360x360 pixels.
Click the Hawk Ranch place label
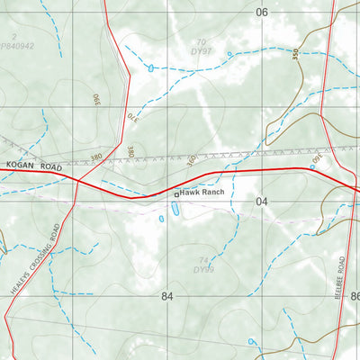coord(202,193)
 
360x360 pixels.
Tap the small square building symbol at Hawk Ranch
coord(175,193)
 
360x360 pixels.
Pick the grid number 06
coord(262,13)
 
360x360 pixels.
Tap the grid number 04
coord(262,202)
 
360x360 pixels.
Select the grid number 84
coord(166,296)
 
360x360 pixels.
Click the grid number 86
coord(354,296)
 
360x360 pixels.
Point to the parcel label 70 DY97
coord(202,48)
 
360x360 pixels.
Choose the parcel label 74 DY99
coord(202,265)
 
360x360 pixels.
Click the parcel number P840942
coord(18,44)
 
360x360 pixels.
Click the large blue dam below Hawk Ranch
coord(175,209)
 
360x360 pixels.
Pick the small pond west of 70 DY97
coord(149,67)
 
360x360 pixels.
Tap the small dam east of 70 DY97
coord(229,54)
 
